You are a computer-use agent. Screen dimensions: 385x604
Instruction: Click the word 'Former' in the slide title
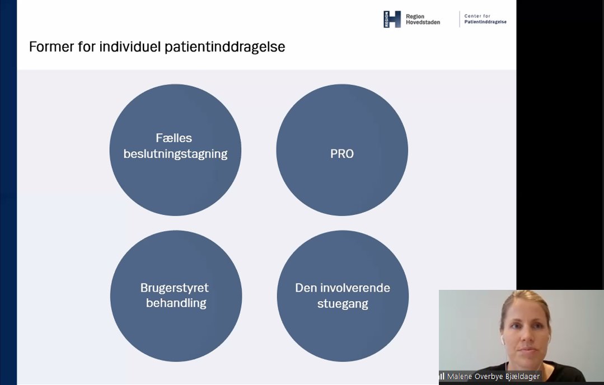pyautogui.click(x=49, y=47)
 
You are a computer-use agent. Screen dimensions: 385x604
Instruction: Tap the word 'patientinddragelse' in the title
pyautogui.click(x=224, y=48)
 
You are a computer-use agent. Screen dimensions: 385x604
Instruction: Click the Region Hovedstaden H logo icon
pyautogui.click(x=392, y=19)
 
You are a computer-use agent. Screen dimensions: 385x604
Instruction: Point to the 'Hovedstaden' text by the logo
pyautogui.click(x=423, y=22)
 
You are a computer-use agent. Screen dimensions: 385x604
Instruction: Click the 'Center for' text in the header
pyautogui.click(x=477, y=16)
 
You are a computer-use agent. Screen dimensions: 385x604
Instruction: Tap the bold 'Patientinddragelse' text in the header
pyautogui.click(x=485, y=22)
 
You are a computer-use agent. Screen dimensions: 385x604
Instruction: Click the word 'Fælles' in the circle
pyautogui.click(x=174, y=138)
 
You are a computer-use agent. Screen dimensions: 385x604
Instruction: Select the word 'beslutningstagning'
pyautogui.click(x=175, y=154)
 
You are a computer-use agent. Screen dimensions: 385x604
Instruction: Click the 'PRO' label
pyautogui.click(x=342, y=154)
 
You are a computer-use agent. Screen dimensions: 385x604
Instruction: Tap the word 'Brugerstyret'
pyautogui.click(x=174, y=288)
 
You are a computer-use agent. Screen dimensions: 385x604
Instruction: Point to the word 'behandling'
pyautogui.click(x=176, y=303)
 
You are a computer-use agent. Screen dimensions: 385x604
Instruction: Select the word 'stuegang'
pyautogui.click(x=343, y=304)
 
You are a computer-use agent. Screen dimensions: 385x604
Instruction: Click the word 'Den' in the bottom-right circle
pyautogui.click(x=306, y=288)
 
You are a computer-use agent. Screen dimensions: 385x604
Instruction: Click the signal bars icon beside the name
pyautogui.click(x=442, y=377)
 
